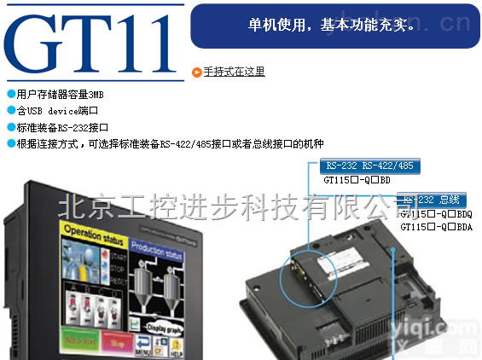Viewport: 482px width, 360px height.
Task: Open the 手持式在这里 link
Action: coord(234,72)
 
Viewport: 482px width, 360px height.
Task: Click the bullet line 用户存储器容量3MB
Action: coord(60,94)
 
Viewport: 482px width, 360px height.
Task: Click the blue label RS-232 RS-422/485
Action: coord(369,165)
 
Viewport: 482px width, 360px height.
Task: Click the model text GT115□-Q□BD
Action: coord(357,181)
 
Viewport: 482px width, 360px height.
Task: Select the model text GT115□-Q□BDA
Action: coord(436,226)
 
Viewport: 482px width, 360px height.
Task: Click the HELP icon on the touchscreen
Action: coord(177,348)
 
